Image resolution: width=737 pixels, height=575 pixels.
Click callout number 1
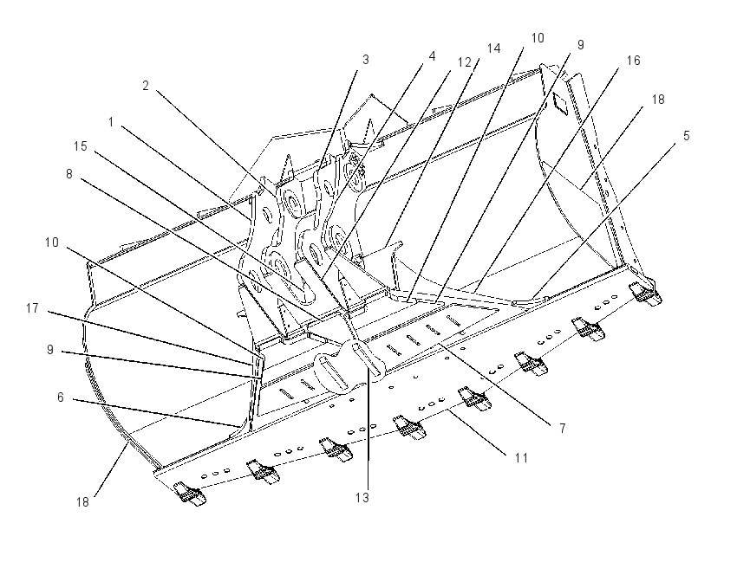click(x=111, y=122)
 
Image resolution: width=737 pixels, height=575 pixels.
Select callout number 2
click(x=146, y=86)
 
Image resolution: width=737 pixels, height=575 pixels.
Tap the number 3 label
click(x=366, y=60)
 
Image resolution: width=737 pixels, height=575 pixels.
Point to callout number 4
click(x=432, y=56)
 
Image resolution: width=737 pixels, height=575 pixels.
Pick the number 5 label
click(x=686, y=136)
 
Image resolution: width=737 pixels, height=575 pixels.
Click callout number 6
click(x=60, y=397)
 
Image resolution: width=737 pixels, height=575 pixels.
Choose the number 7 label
click(x=562, y=428)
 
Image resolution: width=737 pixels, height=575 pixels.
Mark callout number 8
click(x=69, y=174)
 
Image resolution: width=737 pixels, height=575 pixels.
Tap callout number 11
click(x=521, y=457)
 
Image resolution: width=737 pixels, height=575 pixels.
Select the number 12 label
click(x=465, y=62)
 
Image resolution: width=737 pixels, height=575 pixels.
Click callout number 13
click(x=362, y=498)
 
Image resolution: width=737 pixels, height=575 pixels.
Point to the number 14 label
click(x=493, y=48)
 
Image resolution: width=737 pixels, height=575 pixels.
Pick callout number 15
click(x=81, y=146)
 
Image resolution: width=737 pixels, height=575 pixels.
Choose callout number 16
click(x=633, y=61)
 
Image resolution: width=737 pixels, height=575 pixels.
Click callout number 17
click(x=32, y=308)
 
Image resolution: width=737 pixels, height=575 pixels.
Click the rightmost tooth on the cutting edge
click(x=646, y=294)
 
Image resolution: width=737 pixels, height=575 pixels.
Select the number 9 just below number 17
click(x=50, y=350)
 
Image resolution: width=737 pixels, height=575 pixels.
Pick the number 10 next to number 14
click(x=538, y=38)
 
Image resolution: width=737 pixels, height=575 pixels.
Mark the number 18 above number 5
click(x=658, y=100)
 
